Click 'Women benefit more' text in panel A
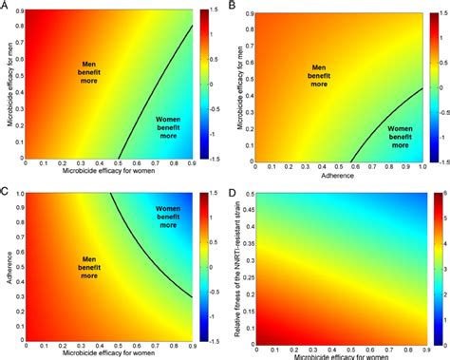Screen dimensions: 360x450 coord(174,127)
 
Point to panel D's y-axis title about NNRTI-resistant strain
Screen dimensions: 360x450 coord(239,268)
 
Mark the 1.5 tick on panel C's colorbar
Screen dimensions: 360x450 coord(217,195)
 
